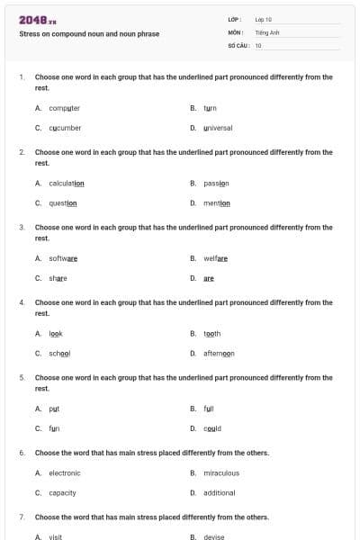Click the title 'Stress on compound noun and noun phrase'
pos(89,34)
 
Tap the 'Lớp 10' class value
pos(264,19)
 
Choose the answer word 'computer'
pos(65,108)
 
